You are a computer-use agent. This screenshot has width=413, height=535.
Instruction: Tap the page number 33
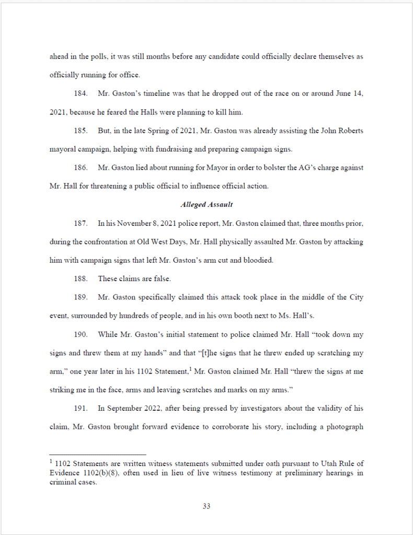click(206, 506)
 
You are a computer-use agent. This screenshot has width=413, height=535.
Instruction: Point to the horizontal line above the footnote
click(98, 455)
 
